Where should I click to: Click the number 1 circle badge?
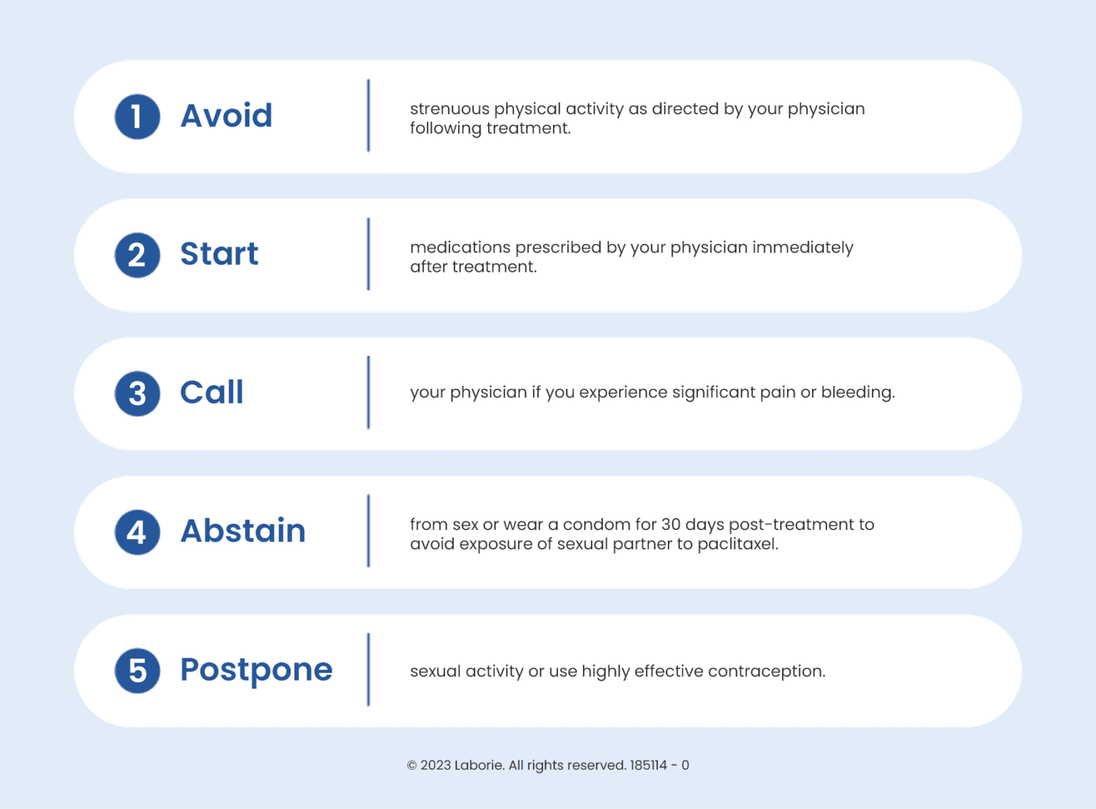click(137, 116)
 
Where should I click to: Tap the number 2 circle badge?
click(137, 255)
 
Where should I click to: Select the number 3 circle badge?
click(137, 393)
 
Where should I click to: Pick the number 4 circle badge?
click(137, 531)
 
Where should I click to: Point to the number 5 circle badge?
click(137, 671)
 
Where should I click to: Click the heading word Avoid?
click(226, 116)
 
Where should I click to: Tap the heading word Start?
click(219, 254)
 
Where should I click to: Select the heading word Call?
click(212, 392)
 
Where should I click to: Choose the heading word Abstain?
click(243, 531)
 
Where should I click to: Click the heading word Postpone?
click(256, 670)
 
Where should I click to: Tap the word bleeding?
click(858, 392)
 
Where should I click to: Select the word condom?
click(597, 524)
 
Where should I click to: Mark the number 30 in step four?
click(671, 524)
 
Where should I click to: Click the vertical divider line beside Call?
click(368, 392)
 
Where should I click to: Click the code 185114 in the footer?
click(648, 765)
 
